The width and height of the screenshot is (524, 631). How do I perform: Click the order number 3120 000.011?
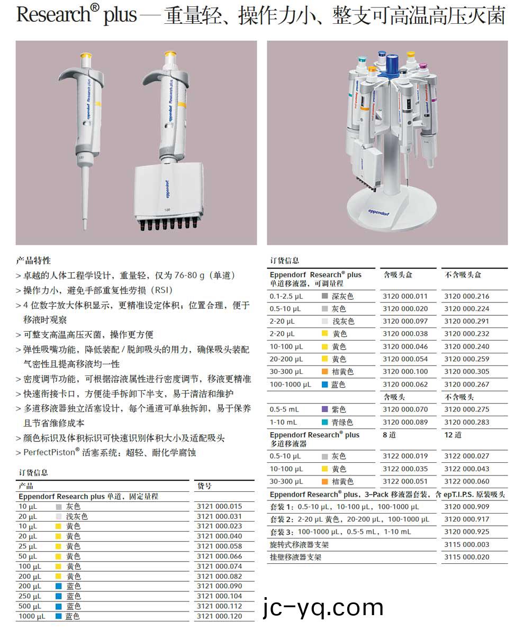click(405, 296)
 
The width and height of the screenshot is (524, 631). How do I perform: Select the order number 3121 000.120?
click(219, 616)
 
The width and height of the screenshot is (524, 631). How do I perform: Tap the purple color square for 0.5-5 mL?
click(325, 409)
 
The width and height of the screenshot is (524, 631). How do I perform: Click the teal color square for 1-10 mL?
click(325, 422)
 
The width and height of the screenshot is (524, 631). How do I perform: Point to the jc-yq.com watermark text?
click(323, 607)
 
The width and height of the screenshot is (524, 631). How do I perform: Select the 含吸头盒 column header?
click(397, 275)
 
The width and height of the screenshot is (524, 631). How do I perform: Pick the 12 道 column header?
click(453, 435)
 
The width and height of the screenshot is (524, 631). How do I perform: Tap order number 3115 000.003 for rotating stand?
click(466, 544)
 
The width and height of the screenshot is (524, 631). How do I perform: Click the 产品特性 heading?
click(33, 260)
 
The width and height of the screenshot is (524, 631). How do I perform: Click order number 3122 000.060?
click(466, 481)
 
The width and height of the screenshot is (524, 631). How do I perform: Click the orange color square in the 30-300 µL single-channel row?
click(325, 372)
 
